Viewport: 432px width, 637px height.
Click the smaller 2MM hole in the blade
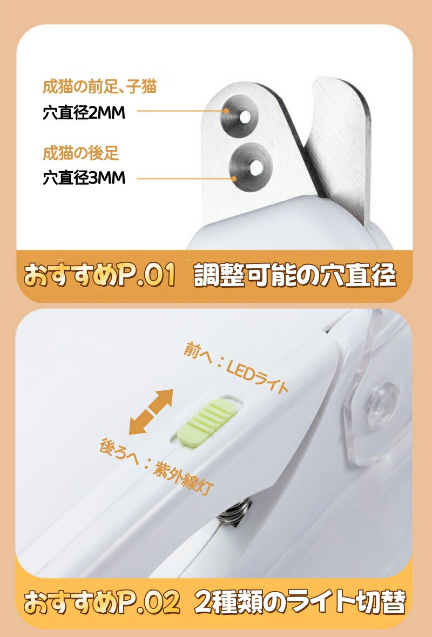(x=245, y=117)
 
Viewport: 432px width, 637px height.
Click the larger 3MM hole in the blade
(x=255, y=167)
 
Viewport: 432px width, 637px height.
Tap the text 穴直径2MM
(x=84, y=112)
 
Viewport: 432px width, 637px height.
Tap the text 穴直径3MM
(x=84, y=178)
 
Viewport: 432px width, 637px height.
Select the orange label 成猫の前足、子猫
(x=99, y=87)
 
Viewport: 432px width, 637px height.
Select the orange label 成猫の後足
(x=81, y=153)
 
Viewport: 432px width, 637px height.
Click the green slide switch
(x=207, y=422)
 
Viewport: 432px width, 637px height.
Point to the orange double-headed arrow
(x=151, y=411)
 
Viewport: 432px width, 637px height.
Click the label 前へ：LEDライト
(x=236, y=367)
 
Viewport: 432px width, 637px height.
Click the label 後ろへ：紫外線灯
(x=156, y=466)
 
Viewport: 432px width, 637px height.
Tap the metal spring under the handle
(x=233, y=513)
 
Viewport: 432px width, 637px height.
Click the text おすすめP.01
(x=100, y=275)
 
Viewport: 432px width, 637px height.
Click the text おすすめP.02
(x=102, y=602)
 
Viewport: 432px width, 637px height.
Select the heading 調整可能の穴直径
(x=295, y=275)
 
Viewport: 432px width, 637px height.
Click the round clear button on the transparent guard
(x=382, y=405)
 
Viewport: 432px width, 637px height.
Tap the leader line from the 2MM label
(x=181, y=111)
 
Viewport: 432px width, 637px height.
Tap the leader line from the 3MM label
(x=186, y=178)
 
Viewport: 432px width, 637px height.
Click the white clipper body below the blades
(x=285, y=227)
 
